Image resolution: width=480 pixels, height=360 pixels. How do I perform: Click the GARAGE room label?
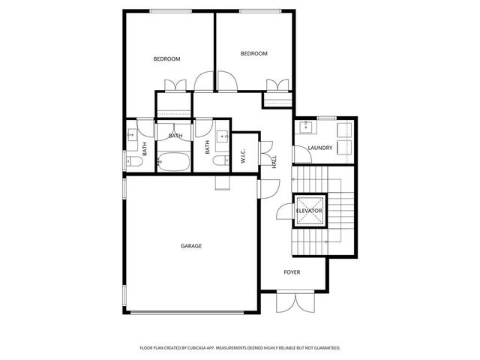click(190, 245)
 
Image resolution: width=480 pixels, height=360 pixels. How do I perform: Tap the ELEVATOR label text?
click(309, 211)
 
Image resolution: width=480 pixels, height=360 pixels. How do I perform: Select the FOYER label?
click(292, 271)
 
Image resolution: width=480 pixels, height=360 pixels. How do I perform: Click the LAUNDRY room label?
click(319, 148)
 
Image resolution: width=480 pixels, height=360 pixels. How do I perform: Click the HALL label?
click(274, 161)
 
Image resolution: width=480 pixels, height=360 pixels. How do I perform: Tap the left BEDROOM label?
click(166, 59)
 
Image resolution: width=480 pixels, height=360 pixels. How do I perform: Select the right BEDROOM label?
click(253, 54)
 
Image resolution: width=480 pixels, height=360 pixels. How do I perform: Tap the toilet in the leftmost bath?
click(133, 161)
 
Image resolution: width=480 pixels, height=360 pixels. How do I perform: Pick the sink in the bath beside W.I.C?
click(223, 136)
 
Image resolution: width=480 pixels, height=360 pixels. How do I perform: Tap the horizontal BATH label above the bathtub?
click(175, 136)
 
